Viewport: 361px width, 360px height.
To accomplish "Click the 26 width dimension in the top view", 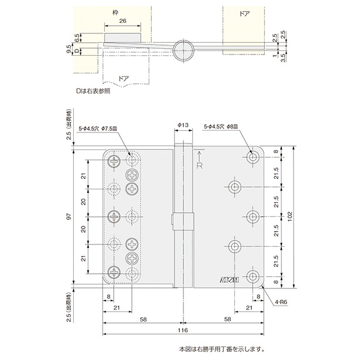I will coord(121,21).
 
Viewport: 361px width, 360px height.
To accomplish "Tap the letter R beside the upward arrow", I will coord(200,166).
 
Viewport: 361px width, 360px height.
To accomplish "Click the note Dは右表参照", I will coord(93,91).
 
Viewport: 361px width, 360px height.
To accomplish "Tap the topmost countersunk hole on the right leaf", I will coord(253,157).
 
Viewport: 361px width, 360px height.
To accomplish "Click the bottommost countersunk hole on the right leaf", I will coord(253,276).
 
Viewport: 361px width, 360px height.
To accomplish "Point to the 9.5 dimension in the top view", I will coord(70,48).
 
